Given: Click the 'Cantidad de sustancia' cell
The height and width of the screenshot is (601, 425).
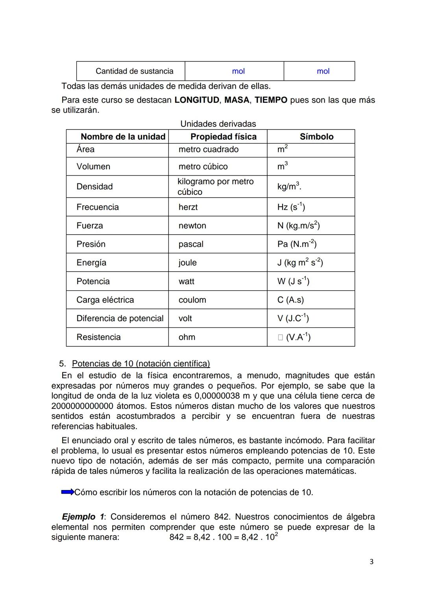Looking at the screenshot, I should point(134,71).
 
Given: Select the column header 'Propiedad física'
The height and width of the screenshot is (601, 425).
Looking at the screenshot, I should point(223,137).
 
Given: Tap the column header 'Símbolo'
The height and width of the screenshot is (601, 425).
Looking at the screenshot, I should point(316,137).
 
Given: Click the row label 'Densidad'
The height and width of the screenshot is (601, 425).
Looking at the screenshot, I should point(94,187).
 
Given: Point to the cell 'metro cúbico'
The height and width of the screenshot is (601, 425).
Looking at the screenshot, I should point(203,166).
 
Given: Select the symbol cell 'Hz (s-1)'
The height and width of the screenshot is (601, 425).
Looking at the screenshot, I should point(291,207).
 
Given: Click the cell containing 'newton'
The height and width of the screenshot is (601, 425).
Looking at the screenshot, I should point(192,226).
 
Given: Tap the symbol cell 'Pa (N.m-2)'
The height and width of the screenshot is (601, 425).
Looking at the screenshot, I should point(297,244).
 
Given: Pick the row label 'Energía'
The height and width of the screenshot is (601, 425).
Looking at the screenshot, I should point(91,263).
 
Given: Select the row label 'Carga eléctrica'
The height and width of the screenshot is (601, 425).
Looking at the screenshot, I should point(105,300).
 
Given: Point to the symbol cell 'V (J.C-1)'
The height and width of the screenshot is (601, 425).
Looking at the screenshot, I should point(293,318).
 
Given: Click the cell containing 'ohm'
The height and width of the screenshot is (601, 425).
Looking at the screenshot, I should point(187,337).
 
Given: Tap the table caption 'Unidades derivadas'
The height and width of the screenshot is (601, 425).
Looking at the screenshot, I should point(218,124).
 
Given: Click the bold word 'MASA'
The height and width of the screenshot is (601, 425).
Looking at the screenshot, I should point(237,100).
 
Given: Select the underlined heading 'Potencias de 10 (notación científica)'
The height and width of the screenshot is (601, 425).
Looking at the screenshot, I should point(141,363).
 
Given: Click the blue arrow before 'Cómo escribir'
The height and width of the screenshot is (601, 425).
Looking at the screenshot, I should point(68,492).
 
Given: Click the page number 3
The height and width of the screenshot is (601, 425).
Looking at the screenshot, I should point(371,562).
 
